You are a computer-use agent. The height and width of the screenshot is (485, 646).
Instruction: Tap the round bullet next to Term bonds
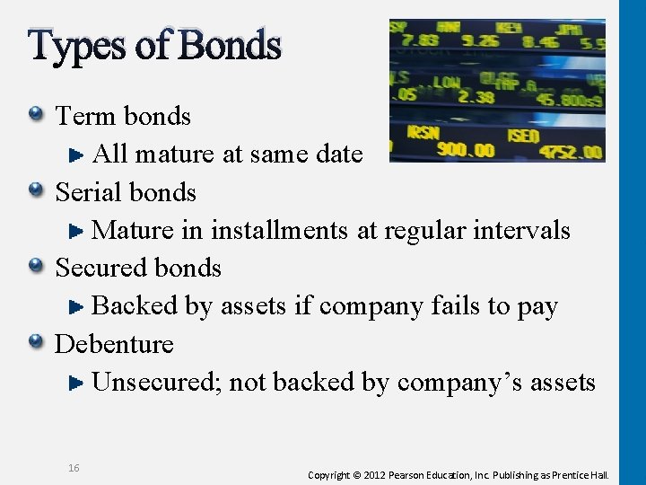coord(36,115)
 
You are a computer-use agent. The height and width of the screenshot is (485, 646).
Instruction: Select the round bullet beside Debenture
coord(36,342)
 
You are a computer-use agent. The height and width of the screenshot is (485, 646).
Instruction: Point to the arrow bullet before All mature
coord(77,154)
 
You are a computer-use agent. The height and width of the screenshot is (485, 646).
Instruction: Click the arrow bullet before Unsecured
coord(77,383)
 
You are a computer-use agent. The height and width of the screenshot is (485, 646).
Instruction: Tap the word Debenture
coord(114,344)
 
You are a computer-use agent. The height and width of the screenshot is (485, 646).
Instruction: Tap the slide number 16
coord(74,468)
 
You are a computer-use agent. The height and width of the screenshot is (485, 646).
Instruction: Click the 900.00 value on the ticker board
coord(466,149)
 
